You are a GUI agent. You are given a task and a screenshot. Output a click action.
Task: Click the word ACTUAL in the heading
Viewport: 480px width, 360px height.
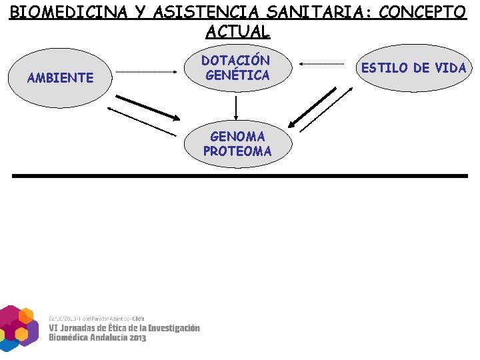(x=238, y=31)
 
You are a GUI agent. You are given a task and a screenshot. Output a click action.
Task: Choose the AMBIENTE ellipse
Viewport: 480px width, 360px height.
(x=60, y=78)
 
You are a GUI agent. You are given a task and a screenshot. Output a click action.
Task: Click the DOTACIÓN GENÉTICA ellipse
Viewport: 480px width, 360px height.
(x=237, y=68)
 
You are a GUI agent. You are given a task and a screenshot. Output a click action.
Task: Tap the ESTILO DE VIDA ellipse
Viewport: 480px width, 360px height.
(x=413, y=68)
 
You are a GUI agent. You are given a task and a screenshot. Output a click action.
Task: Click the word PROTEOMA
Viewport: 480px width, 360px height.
(x=237, y=151)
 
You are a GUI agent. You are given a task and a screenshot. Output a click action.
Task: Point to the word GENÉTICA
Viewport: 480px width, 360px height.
(x=237, y=76)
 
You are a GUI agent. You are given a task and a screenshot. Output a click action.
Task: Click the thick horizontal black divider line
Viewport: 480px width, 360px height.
(x=240, y=175)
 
